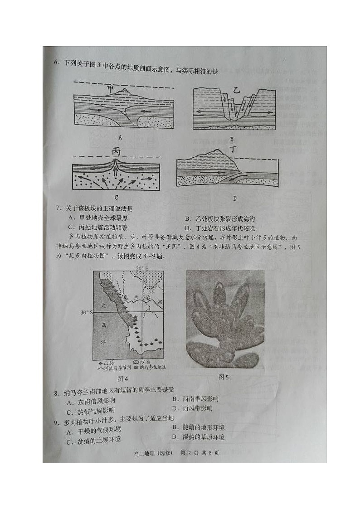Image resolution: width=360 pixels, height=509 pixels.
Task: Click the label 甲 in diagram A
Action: point(110,89)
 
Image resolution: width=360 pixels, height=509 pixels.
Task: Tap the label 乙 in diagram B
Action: point(236,90)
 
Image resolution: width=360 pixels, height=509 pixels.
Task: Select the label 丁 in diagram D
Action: point(234,150)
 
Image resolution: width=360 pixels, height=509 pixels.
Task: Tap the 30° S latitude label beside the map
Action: point(86,313)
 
